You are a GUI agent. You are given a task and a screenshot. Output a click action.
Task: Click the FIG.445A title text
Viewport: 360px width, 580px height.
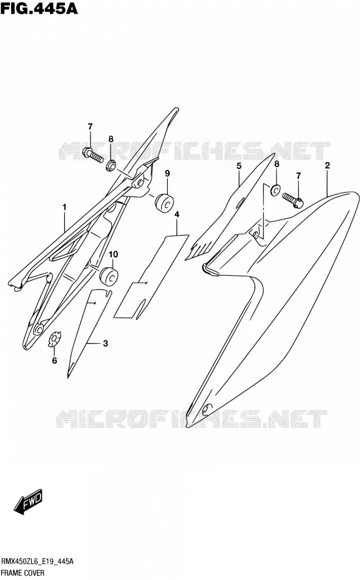tap(39, 8)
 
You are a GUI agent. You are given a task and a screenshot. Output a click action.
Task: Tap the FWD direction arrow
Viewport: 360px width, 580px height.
tap(29, 502)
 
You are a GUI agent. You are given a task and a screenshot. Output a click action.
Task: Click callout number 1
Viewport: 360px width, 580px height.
tap(64, 208)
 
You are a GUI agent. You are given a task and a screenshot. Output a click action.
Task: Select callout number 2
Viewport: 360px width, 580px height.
tap(328, 165)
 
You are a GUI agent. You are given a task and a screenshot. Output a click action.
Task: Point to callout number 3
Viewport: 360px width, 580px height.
tap(105, 344)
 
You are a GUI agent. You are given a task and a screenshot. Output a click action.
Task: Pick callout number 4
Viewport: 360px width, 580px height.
tap(177, 215)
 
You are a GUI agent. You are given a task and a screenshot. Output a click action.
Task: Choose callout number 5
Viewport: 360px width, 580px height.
tap(239, 166)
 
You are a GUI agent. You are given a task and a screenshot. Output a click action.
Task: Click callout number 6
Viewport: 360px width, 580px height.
tap(54, 360)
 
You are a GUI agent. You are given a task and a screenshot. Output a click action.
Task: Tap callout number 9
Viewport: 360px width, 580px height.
tap(167, 173)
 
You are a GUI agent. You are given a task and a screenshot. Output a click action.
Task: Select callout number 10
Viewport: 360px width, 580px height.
tap(113, 254)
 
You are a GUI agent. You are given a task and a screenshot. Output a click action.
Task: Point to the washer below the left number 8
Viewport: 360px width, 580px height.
tap(111, 166)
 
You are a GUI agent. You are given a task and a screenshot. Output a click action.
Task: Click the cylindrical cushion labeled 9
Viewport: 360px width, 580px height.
tap(165, 203)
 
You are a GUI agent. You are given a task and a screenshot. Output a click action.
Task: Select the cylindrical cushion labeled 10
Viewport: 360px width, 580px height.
tap(109, 276)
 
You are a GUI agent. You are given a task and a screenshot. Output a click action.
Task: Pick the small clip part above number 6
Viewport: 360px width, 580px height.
tap(55, 339)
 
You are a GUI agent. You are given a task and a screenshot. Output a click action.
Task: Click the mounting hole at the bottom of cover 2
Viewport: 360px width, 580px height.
tap(206, 408)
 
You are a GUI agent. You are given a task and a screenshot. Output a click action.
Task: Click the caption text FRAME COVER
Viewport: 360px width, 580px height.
tap(23, 573)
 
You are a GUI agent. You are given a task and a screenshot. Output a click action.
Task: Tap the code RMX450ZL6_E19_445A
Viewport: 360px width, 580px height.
tap(37, 562)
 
